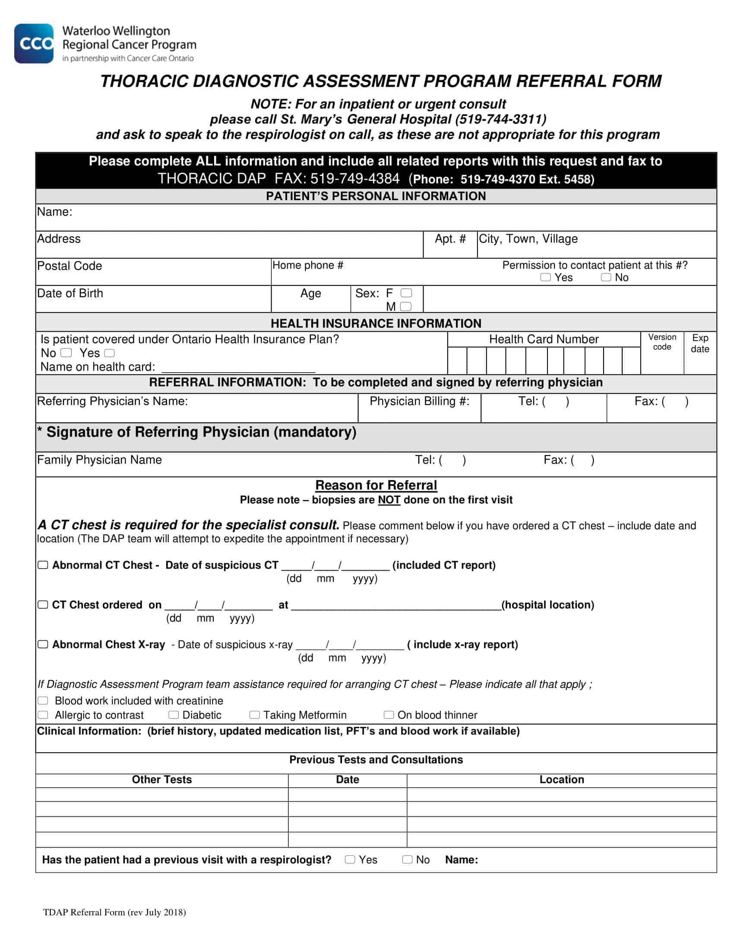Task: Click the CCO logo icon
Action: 34,44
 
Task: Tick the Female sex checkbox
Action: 406,293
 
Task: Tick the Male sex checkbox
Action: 405,307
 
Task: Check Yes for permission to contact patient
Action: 545,277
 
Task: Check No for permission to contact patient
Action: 606,277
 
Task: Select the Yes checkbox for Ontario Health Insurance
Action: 109,353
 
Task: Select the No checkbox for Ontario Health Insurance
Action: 66,352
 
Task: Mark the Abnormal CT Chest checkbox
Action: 43,565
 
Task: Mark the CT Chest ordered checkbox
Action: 43,605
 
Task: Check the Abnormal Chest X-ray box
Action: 43,644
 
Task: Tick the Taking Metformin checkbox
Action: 254,715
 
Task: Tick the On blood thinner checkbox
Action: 389,715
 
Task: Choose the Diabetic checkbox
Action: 174,715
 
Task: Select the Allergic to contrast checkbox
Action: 43,715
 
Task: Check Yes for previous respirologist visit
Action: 350,859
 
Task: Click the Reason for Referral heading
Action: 376,485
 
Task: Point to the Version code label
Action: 662,342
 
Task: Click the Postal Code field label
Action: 70,266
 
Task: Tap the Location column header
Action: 561,779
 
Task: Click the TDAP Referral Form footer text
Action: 114,912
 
